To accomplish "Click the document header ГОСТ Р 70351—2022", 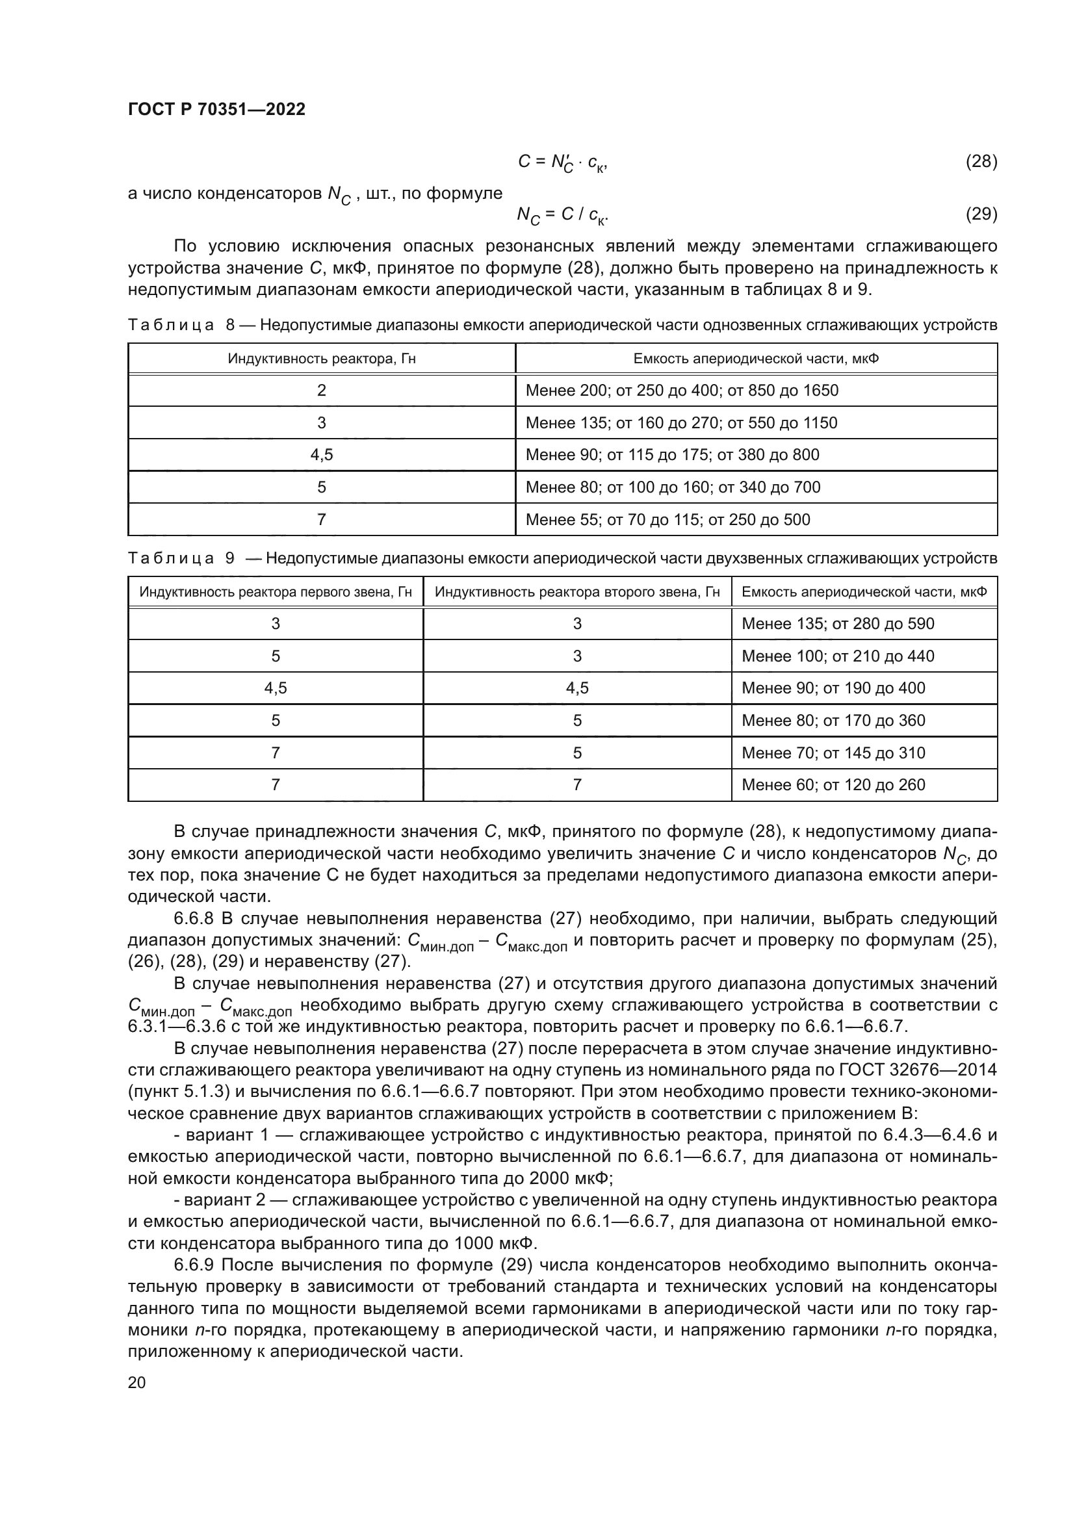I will click(216, 110).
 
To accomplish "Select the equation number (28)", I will click(981, 162).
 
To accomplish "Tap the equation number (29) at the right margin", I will click(981, 214).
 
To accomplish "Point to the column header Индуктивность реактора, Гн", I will click(322, 359).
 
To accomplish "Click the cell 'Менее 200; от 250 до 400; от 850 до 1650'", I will click(682, 391).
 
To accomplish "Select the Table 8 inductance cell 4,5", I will click(322, 455).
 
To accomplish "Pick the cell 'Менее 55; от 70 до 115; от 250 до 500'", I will click(667, 520).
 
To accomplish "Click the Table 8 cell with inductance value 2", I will click(322, 391).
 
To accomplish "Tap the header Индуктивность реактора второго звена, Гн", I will click(577, 592).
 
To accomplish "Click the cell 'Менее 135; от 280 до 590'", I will click(837, 624).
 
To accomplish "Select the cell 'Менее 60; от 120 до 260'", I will click(833, 785).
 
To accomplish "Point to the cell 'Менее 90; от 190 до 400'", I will click(833, 688).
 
